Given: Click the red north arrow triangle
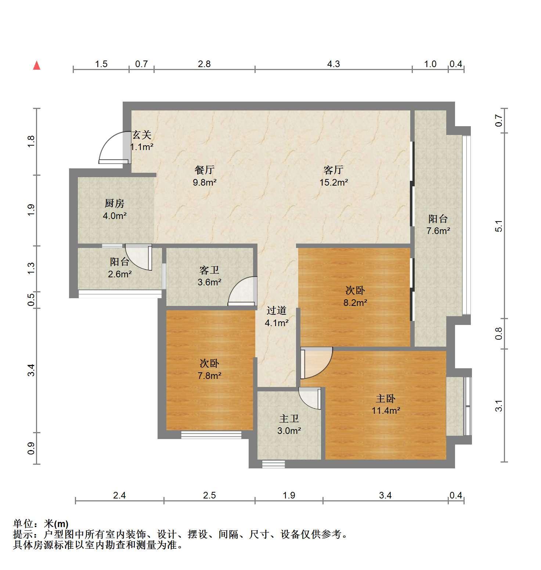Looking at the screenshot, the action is [36, 66].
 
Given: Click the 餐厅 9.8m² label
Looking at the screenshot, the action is [205, 176].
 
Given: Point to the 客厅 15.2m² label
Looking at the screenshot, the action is [333, 176].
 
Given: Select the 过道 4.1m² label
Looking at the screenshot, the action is [276, 317].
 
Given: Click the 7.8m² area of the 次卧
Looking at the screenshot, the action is [209, 376].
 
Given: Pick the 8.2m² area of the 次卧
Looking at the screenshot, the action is [355, 303].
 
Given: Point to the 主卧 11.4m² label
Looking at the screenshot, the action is [385, 404].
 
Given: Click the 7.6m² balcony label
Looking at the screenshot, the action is [438, 231].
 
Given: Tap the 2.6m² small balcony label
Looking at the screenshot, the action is [120, 274].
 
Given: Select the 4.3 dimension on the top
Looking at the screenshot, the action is [333, 64].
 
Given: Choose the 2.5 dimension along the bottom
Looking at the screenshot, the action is [209, 496].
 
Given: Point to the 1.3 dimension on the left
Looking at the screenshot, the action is [31, 268].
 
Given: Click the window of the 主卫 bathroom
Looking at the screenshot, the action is [274, 464].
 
